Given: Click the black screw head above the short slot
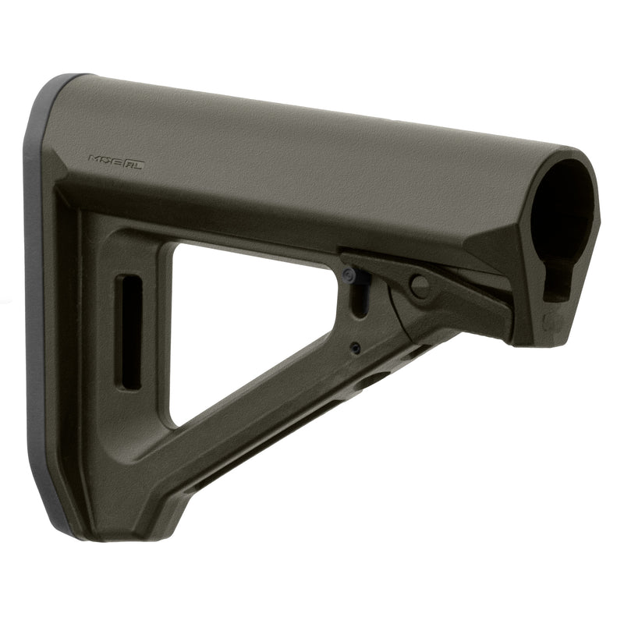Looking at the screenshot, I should click(349, 275).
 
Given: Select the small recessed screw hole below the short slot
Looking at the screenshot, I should click(355, 348).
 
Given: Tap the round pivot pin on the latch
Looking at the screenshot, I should click(420, 286).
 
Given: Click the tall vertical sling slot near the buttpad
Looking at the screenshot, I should click(129, 331).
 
